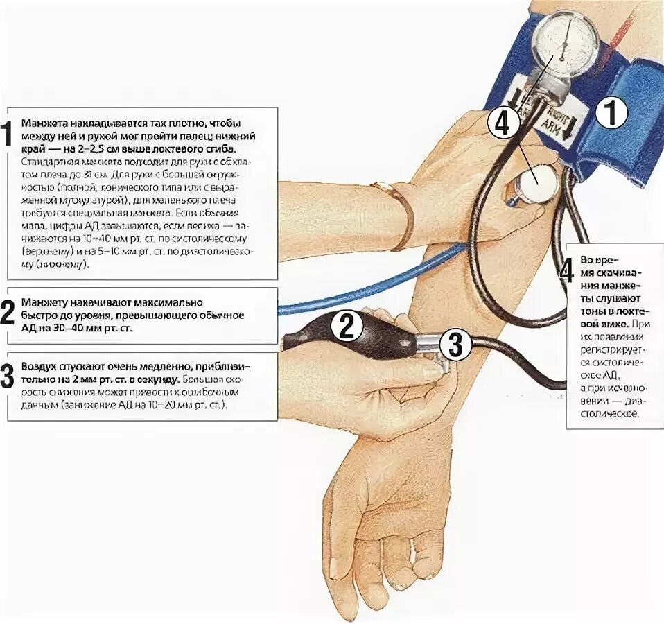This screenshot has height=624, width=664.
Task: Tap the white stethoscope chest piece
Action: click(x=537, y=182)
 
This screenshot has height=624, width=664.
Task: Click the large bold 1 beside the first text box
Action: click(x=6, y=134)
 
